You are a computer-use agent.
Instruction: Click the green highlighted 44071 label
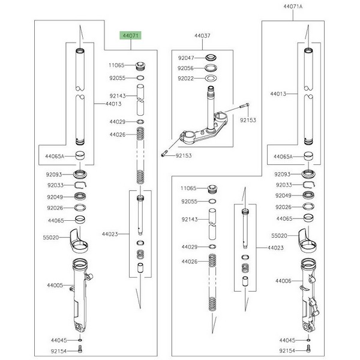(x=131, y=36)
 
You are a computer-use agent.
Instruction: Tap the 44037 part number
(x=202, y=36)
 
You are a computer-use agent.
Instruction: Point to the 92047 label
(x=185, y=59)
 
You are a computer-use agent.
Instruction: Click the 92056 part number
(x=185, y=68)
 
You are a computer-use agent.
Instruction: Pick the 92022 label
(x=185, y=78)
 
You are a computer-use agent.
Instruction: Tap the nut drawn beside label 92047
(x=211, y=58)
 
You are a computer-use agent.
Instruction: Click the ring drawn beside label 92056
(x=211, y=68)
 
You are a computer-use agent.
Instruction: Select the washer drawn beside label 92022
(x=211, y=78)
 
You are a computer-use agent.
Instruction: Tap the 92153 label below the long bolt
(x=248, y=120)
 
